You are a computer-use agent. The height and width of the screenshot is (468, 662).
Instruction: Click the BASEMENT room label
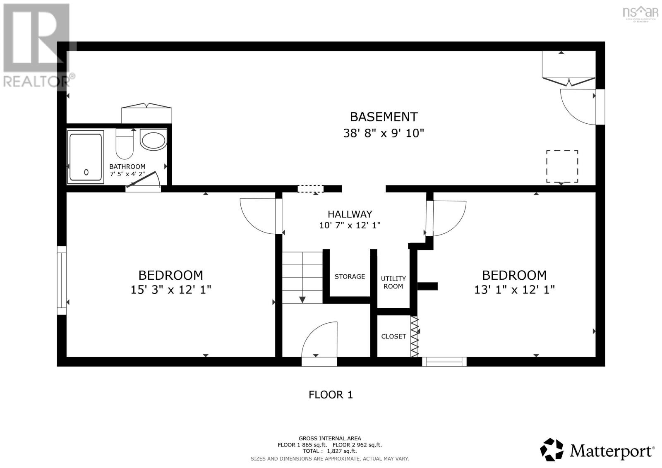tap(384, 117)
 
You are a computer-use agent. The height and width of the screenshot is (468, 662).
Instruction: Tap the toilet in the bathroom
tap(125, 145)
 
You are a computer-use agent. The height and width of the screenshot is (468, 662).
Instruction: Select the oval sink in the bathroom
tap(154, 140)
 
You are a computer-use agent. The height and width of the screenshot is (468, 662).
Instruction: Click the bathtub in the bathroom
tap(86, 157)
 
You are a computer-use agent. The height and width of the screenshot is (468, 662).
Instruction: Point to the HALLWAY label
tap(350, 214)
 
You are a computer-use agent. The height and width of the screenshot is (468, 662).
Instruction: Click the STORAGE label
tap(350, 276)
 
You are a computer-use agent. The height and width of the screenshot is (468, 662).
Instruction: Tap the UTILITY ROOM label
tap(393, 282)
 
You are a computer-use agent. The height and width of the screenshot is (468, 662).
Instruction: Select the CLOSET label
tap(393, 336)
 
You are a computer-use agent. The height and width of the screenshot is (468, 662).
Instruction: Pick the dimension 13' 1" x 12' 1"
tap(514, 290)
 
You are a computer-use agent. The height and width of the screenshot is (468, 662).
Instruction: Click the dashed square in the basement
tap(562, 166)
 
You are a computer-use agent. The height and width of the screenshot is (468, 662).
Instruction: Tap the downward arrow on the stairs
tap(302, 299)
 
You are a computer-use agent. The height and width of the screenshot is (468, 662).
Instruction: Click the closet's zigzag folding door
tap(414, 336)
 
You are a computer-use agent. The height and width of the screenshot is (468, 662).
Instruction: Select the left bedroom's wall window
tap(62, 280)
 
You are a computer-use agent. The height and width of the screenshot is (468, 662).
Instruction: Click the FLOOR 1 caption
tap(331, 395)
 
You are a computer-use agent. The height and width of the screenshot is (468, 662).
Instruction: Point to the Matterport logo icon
tap(552, 449)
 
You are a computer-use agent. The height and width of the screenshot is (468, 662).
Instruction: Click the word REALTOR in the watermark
tap(36, 81)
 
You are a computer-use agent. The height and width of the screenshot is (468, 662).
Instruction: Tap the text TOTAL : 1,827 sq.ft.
tap(329, 451)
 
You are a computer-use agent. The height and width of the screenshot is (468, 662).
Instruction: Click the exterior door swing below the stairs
tap(319, 341)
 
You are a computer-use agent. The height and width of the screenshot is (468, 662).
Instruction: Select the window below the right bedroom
tap(444, 362)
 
